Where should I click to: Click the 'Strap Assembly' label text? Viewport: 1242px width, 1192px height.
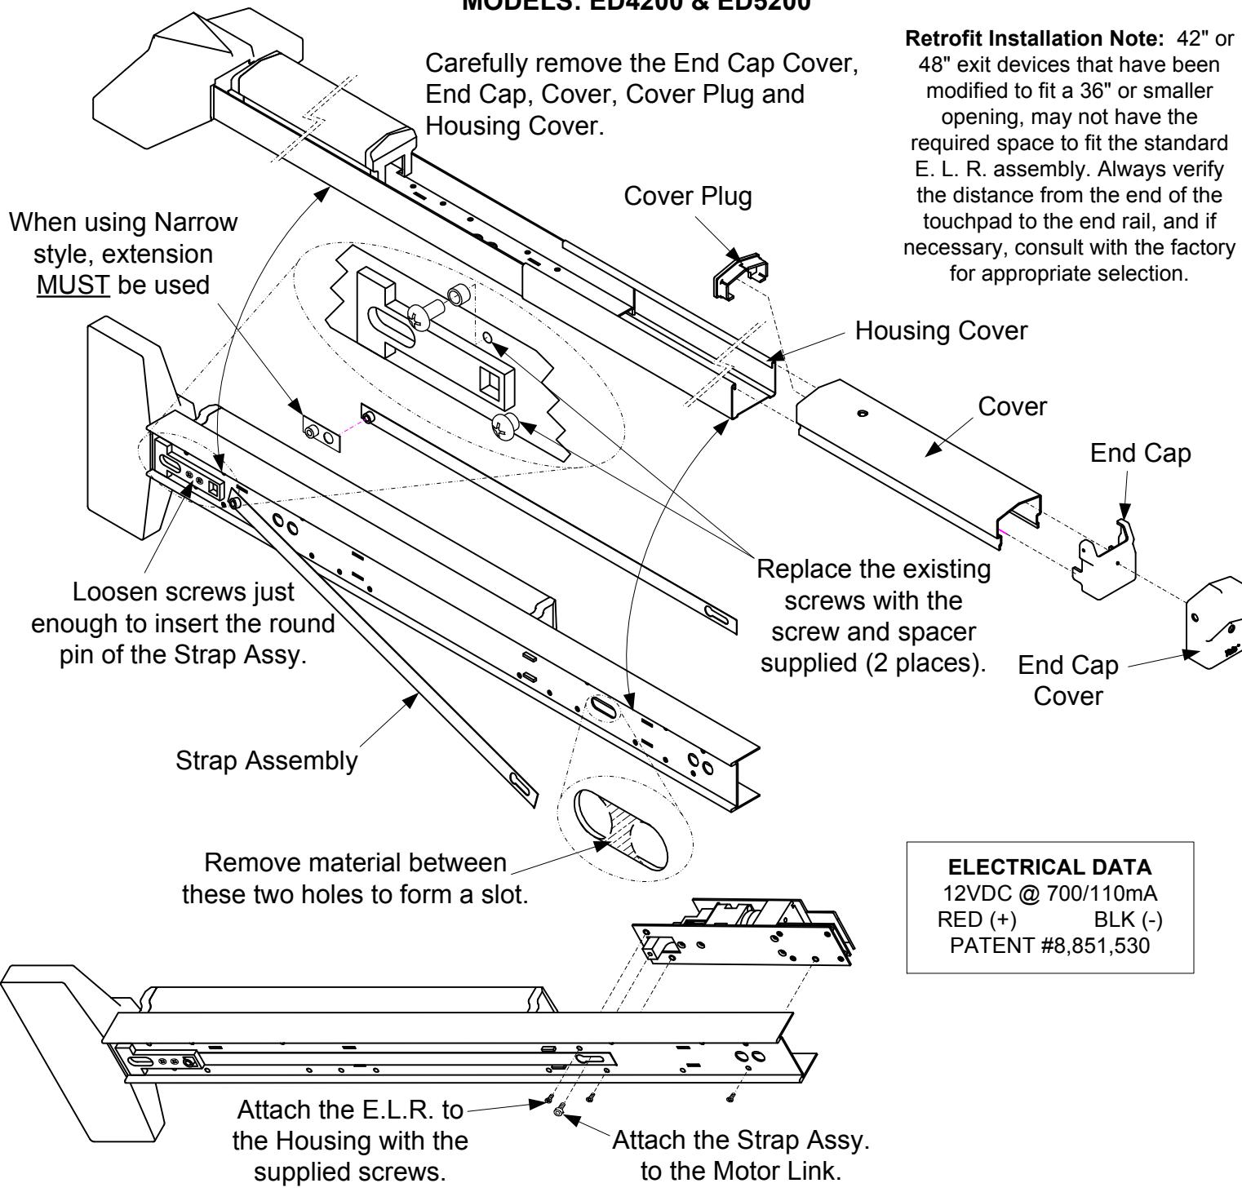267,761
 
